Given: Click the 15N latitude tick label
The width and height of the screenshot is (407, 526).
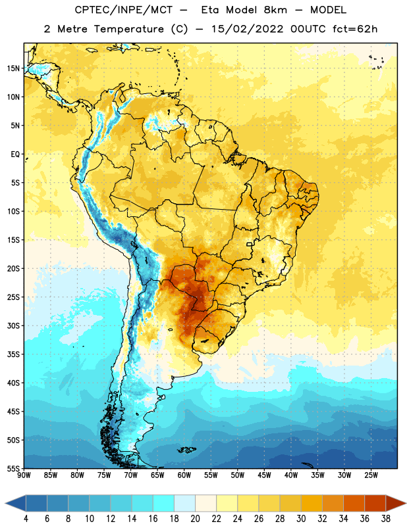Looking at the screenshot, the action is pos(13,68).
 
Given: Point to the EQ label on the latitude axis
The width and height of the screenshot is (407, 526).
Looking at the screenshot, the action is pos(15,155).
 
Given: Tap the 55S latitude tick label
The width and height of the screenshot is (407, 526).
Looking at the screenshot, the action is pos(13,468).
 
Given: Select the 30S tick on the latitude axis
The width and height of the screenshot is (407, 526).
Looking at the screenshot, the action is pos(13,325).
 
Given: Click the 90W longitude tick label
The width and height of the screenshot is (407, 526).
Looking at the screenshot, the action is pos(24,475).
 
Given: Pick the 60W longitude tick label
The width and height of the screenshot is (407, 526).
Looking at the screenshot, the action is pos(184,475).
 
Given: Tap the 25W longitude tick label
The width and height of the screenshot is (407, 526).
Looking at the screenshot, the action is pos(371,475).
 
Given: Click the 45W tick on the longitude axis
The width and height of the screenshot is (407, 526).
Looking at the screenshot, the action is pos(265,475).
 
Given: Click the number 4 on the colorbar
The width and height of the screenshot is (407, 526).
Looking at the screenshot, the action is pos(26,519).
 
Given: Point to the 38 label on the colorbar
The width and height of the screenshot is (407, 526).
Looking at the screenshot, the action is pos(386,519).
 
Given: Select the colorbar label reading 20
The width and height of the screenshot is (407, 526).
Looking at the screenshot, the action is pos(195,519).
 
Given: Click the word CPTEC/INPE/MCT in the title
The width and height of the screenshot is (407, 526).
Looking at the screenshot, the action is pos(123,10).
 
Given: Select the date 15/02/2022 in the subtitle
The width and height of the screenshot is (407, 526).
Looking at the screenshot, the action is pos(248,29).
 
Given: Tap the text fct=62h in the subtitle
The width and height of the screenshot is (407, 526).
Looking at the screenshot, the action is pos(355,29).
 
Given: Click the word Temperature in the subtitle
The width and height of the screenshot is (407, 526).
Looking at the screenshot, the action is pos(128,29).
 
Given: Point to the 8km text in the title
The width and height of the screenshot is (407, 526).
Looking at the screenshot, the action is pos(275,10).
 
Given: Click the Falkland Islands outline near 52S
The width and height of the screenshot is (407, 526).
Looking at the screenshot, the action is pos(186,450).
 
